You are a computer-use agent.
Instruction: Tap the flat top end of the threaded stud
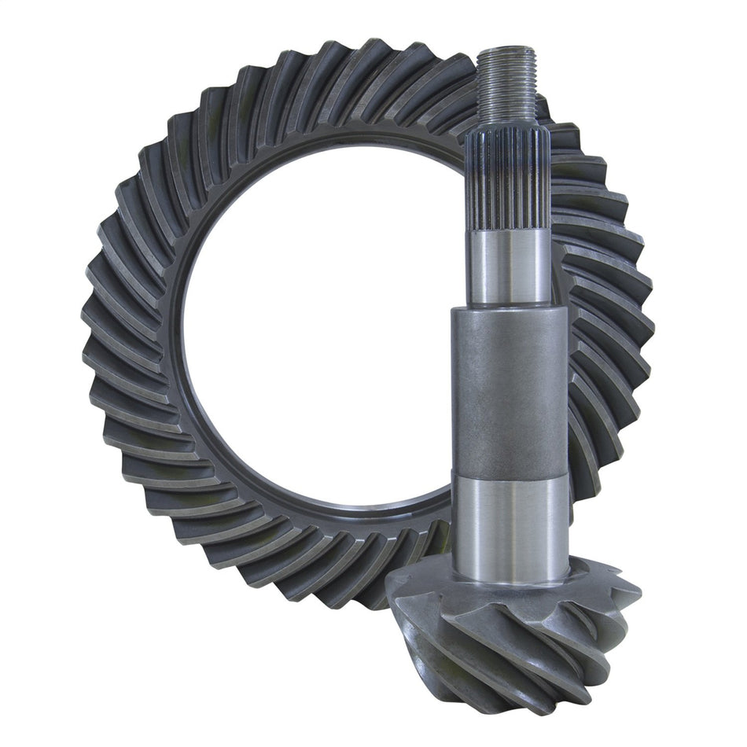click(x=507, y=50)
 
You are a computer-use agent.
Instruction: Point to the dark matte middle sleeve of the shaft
click(x=509, y=389)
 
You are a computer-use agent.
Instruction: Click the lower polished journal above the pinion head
click(x=510, y=519)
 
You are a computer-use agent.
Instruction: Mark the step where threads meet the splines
click(x=507, y=127)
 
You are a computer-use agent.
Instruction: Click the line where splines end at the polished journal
click(x=507, y=230)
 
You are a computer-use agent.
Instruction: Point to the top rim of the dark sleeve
click(x=509, y=308)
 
